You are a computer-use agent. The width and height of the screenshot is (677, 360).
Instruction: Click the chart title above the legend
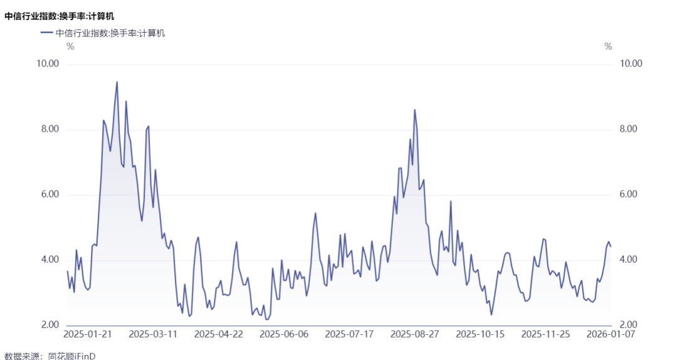tap(60, 16)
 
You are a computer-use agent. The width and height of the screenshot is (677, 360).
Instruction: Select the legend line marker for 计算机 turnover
tap(46, 33)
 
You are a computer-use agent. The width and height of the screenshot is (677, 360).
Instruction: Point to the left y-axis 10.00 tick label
tap(48, 63)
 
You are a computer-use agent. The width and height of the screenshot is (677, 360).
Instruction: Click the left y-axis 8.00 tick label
tap(50, 129)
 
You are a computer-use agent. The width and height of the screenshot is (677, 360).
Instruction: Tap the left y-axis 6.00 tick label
tap(50, 194)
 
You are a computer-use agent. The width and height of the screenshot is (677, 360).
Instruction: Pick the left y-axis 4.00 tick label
tap(50, 260)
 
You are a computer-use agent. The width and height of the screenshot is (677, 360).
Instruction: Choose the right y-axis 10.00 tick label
tap(631, 63)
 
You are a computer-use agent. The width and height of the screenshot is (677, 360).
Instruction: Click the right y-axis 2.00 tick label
tap(628, 325)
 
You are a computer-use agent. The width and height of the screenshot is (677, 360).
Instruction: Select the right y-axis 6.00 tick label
tap(628, 194)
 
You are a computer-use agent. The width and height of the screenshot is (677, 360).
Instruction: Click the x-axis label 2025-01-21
tap(88, 334)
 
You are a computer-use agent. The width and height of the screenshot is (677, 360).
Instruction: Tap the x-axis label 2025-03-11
tap(154, 334)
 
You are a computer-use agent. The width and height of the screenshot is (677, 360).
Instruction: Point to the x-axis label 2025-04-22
tap(219, 334)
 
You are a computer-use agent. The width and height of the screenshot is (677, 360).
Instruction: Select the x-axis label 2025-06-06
tap(284, 334)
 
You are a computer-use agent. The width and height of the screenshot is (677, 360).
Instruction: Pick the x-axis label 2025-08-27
tap(415, 334)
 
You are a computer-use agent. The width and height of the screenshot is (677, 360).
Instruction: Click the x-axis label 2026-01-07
tap(611, 334)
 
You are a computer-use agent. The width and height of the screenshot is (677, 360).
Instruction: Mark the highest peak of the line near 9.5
tap(117, 82)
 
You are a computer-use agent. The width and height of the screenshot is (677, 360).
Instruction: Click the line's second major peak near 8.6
tap(414, 109)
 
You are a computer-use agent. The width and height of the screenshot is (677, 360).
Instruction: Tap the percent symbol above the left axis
tap(70, 46)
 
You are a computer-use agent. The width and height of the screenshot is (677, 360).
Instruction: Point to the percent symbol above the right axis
tap(608, 46)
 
